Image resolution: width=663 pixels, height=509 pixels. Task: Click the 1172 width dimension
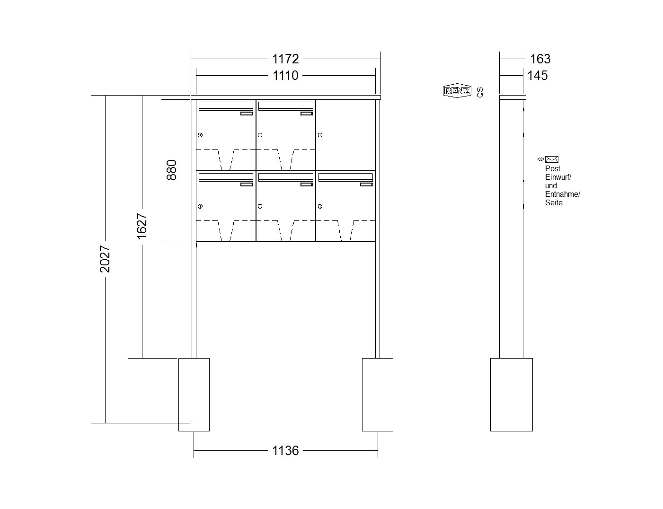(x=285, y=59)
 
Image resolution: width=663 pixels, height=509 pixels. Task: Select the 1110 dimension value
(x=285, y=75)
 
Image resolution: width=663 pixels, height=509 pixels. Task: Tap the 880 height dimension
(x=171, y=170)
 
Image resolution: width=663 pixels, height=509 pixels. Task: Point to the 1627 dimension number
(x=142, y=226)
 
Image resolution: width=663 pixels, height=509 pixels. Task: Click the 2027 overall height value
(x=105, y=259)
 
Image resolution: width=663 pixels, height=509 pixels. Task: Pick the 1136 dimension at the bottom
(x=285, y=450)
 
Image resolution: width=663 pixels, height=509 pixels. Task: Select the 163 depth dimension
(x=540, y=59)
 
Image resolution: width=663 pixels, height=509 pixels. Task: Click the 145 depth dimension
(x=538, y=75)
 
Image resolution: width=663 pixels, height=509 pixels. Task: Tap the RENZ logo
(x=457, y=90)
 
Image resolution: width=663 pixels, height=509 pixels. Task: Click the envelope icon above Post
(x=552, y=159)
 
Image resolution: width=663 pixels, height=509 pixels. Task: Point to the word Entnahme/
(x=563, y=194)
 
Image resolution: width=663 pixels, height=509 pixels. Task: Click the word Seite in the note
(x=554, y=202)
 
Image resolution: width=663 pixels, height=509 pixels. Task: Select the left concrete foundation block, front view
(x=194, y=395)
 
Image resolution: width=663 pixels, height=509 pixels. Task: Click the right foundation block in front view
(x=378, y=395)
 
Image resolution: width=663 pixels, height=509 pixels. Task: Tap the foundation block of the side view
(x=512, y=395)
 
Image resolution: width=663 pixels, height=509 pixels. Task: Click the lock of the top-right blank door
(x=320, y=135)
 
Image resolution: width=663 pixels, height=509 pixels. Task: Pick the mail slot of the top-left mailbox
(x=226, y=106)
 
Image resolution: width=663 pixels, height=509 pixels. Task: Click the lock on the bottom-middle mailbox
(x=260, y=206)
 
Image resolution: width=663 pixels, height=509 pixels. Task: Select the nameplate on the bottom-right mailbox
(x=366, y=184)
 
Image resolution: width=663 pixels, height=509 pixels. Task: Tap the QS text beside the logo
(x=480, y=92)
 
